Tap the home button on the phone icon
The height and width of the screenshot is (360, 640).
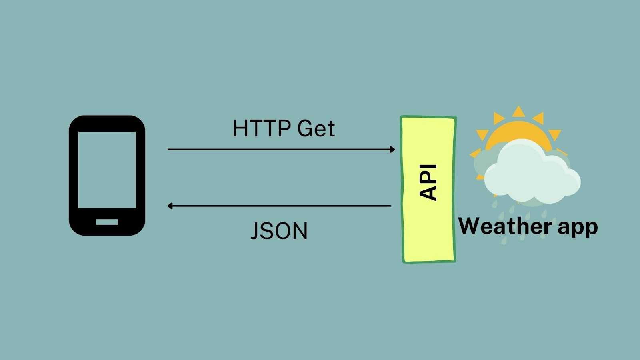[x=107, y=222]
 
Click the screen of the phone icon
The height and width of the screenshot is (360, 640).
[x=107, y=170]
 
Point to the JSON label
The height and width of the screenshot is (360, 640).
[x=279, y=231]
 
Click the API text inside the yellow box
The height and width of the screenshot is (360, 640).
[x=428, y=182]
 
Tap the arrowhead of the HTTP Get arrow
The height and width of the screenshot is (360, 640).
[x=392, y=149]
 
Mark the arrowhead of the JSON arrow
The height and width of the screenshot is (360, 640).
[x=170, y=206]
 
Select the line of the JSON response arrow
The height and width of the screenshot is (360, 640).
[x=280, y=206]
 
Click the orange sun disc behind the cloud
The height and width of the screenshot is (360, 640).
[x=516, y=132]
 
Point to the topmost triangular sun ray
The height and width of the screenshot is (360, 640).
[x=518, y=112]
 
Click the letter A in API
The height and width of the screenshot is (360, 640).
[x=428, y=193]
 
